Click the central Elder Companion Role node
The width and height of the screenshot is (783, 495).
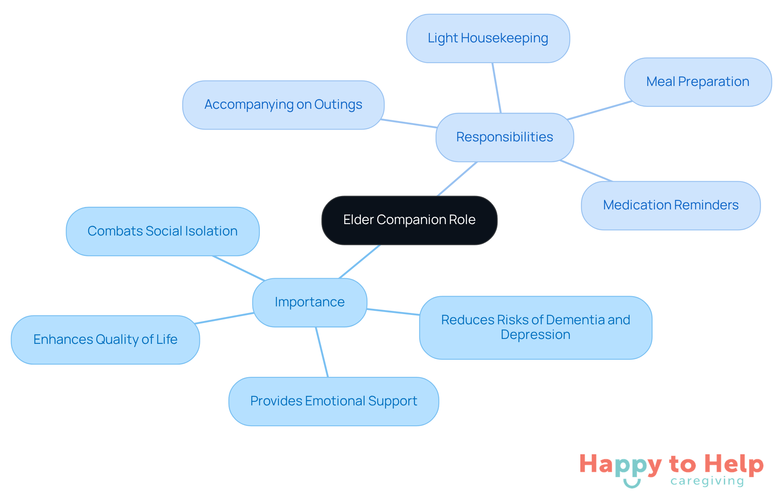[x=409, y=220]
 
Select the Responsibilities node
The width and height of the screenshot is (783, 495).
[x=504, y=137]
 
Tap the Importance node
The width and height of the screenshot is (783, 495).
[x=310, y=302]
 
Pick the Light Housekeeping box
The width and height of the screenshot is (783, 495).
[x=488, y=38]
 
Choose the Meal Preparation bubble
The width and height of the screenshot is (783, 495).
[x=697, y=82]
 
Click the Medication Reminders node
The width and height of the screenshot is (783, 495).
[x=670, y=205]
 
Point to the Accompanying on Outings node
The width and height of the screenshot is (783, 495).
[x=283, y=105]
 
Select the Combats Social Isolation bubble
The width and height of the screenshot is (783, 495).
[x=162, y=231]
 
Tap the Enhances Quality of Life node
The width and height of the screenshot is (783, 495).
[x=105, y=340]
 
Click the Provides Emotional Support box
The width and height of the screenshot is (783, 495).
[x=334, y=401]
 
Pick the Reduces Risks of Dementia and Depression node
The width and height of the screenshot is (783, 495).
[x=535, y=328]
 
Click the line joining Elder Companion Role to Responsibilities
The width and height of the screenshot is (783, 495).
[x=457, y=179]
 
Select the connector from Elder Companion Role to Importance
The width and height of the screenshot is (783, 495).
[x=360, y=262]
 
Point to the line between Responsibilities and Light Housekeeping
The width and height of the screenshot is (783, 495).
[x=497, y=88]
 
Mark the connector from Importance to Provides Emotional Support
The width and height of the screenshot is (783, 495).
[x=322, y=352]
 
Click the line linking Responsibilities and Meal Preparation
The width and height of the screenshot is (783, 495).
[x=599, y=110]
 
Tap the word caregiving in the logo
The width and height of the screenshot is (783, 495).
[x=707, y=481]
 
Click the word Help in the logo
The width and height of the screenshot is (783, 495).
[x=734, y=464]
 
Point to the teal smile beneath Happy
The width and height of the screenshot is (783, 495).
[x=632, y=483]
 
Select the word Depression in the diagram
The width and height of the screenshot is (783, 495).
[x=535, y=335]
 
